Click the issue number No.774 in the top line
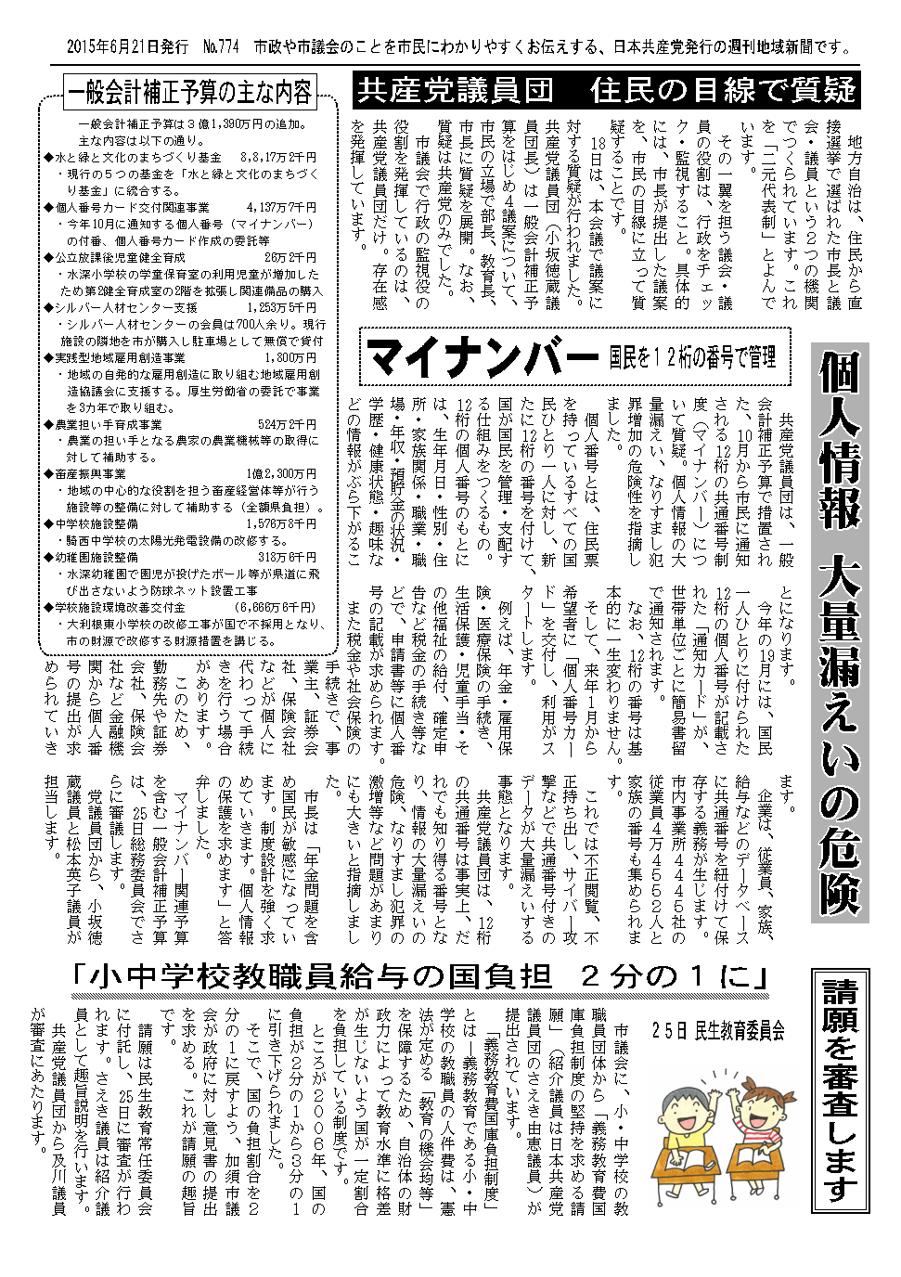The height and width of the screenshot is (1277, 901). click(x=219, y=45)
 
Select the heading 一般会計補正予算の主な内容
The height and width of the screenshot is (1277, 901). click(x=188, y=93)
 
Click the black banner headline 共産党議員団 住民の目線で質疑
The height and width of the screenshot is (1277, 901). click(x=606, y=91)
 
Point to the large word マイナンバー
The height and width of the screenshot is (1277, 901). click(x=481, y=355)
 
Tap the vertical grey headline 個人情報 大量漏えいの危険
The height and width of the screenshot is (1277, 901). click(x=840, y=631)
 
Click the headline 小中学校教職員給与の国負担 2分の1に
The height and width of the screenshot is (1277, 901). click(x=421, y=977)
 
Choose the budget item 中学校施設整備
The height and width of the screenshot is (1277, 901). click(x=98, y=523)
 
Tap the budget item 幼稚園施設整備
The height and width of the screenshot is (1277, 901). click(x=98, y=557)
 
